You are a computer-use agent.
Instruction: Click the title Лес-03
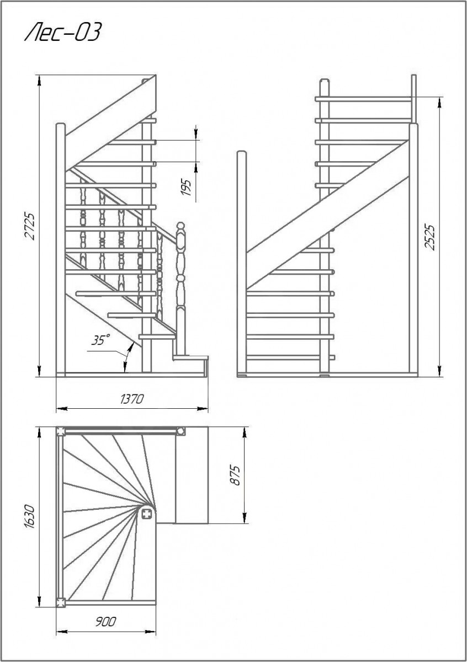(x=62, y=34)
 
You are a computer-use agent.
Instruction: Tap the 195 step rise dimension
(x=186, y=187)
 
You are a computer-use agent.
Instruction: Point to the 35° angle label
(x=100, y=340)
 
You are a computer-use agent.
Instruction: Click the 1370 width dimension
(x=132, y=399)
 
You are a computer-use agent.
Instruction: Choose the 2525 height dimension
(x=430, y=237)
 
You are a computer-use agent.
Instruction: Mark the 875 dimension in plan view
(x=235, y=475)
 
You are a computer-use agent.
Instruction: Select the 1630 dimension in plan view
(x=31, y=516)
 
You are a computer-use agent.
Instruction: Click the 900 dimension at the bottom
(x=105, y=622)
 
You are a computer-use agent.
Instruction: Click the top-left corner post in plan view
(x=60, y=431)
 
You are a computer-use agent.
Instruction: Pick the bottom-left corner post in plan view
(x=60, y=603)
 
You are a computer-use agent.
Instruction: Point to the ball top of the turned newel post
(x=180, y=226)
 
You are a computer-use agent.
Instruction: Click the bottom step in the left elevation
(x=191, y=358)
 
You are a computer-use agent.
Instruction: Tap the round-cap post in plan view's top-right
(x=181, y=431)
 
